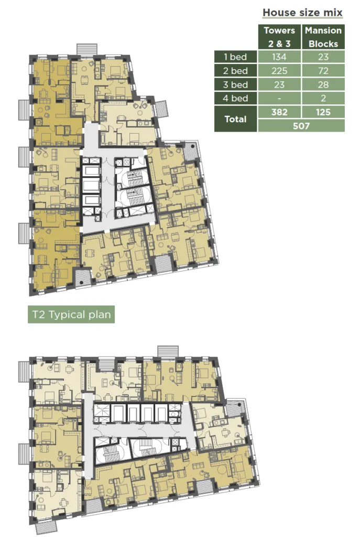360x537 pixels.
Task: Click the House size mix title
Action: click(x=302, y=13)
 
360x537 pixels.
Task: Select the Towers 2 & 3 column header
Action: click(x=279, y=37)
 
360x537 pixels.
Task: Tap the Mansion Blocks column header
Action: click(x=323, y=37)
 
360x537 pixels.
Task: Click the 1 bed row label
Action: click(x=235, y=57)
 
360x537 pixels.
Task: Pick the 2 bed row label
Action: click(x=235, y=71)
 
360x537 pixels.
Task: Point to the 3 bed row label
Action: click(x=235, y=84)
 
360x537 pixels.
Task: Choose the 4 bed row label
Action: click(x=235, y=98)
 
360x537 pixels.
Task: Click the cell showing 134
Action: click(x=279, y=57)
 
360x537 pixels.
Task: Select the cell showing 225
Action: click(x=279, y=71)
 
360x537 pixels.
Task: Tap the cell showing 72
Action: click(x=323, y=71)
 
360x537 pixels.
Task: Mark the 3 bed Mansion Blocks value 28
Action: click(x=323, y=84)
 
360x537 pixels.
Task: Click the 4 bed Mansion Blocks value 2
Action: click(x=323, y=98)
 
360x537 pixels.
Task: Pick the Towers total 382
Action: click(x=279, y=112)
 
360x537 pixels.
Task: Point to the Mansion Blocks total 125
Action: click(x=323, y=112)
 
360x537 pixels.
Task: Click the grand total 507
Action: click(x=301, y=126)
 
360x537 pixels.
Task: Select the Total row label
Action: click(x=235, y=119)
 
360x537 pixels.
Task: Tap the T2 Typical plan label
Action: click(x=71, y=315)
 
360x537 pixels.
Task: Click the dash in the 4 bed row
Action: click(x=279, y=98)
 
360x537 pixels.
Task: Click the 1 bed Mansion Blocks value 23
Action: click(x=323, y=57)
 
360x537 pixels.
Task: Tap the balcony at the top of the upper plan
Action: click(x=87, y=49)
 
